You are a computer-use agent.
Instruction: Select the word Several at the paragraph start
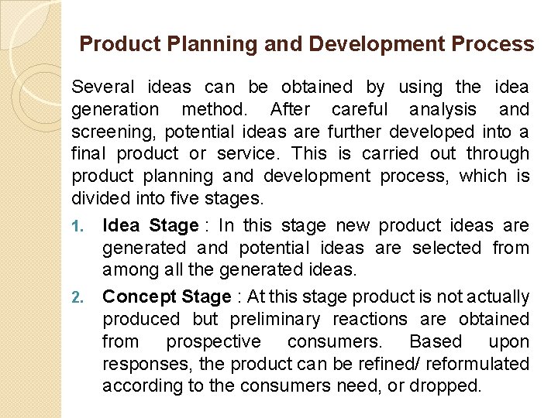click(x=103, y=87)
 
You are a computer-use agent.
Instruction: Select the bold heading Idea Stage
click(x=150, y=226)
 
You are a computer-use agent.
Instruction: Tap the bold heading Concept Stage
click(x=167, y=296)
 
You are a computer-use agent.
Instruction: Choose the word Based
click(x=436, y=341)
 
